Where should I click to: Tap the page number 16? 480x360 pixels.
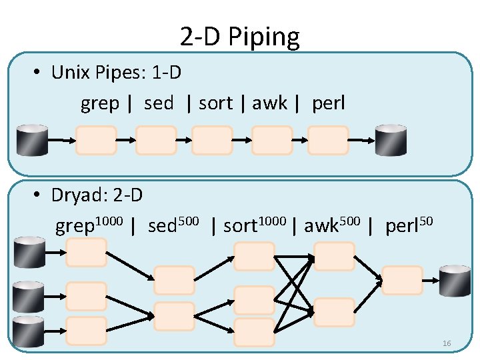(x=447, y=343)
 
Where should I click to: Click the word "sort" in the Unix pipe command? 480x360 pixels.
(x=215, y=103)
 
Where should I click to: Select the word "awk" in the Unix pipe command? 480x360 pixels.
(x=269, y=103)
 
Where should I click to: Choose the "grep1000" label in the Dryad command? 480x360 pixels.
(x=89, y=225)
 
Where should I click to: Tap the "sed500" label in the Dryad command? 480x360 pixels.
(x=173, y=225)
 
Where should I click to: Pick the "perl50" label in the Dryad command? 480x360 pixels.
(x=409, y=225)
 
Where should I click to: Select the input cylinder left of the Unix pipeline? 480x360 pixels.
(x=32, y=140)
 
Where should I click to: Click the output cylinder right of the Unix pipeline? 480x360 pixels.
(x=391, y=140)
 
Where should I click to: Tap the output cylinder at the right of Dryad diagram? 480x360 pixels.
(x=455, y=281)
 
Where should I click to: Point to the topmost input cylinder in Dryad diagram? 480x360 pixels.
(x=30, y=252)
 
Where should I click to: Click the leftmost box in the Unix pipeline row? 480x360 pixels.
(x=96, y=141)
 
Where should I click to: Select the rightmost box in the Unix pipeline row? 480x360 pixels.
(x=328, y=141)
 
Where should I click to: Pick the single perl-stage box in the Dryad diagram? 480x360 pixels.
(x=402, y=280)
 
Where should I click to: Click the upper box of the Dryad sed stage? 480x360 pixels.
(x=174, y=281)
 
